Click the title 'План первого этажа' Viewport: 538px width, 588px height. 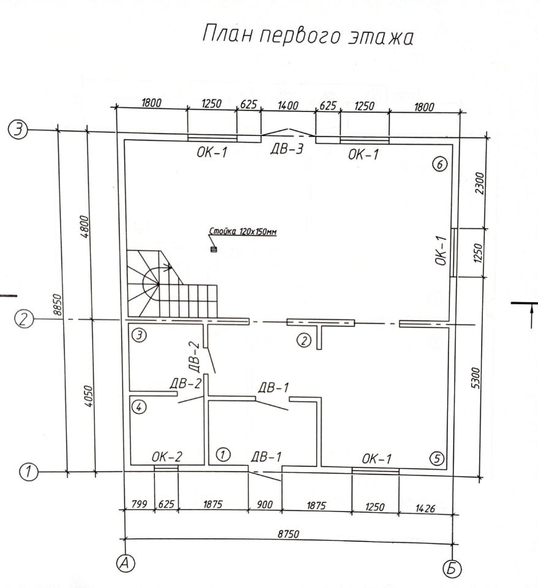tap(308, 35)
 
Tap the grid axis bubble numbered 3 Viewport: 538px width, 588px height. tap(18, 130)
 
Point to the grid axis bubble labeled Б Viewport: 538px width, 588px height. tap(452, 568)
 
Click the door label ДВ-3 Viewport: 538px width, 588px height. tap(287, 150)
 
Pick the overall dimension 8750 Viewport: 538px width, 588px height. tap(288, 534)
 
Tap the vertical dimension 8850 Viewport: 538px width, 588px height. tap(58, 304)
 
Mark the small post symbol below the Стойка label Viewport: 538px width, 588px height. tap(213, 249)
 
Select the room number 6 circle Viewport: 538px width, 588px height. tap(439, 164)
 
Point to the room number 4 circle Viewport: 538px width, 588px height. tap(140, 407)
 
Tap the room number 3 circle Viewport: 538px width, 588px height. tap(141, 336)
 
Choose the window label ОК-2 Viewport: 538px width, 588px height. tap(166, 457)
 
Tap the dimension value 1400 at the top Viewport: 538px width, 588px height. tap(287, 106)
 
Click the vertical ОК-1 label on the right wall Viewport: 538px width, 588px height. tap(441, 252)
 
